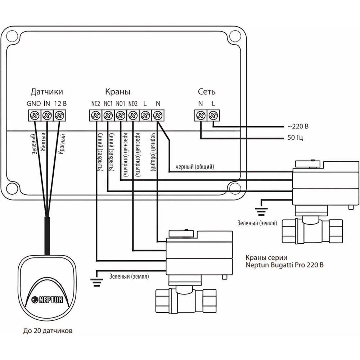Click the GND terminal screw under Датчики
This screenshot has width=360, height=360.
[35, 115]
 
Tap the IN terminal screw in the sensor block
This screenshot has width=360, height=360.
[47, 115]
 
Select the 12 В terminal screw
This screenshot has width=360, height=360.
[59, 115]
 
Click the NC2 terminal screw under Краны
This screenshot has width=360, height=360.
[95, 115]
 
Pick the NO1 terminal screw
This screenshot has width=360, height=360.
[120, 115]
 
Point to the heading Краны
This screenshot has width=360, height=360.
[118, 92]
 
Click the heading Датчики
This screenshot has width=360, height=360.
[46, 92]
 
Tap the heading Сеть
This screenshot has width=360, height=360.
[207, 92]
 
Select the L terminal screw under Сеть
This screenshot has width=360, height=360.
[213, 115]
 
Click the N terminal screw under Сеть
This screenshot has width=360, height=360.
[201, 115]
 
